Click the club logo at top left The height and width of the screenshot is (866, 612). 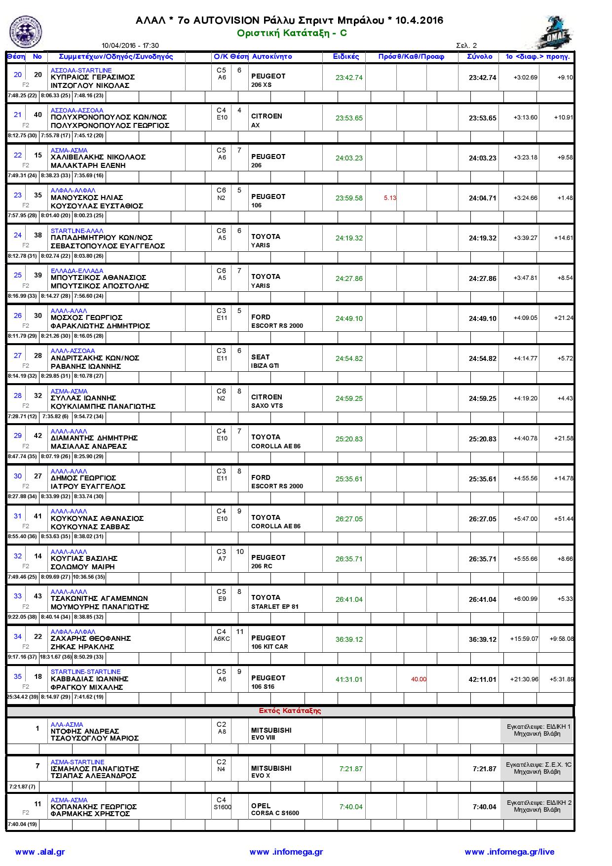point(26,32)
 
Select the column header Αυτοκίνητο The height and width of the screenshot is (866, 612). point(272,57)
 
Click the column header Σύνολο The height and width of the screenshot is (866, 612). point(479,57)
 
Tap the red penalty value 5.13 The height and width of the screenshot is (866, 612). point(390,198)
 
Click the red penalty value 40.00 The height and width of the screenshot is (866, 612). point(419,679)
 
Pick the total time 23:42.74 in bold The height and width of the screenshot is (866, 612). point(482,78)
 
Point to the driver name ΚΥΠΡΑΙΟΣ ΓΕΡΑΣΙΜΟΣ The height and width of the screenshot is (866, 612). point(93,78)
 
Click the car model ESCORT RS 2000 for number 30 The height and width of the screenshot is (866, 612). point(277,326)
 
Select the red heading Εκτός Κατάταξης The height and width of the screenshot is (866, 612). point(290,711)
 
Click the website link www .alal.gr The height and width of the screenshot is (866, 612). point(40,852)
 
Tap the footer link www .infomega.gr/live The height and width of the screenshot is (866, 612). point(509,852)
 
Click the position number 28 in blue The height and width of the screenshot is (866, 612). point(18,395)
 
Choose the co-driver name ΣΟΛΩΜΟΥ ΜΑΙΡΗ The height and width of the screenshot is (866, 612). point(83,567)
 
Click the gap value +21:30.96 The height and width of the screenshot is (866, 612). point(524,679)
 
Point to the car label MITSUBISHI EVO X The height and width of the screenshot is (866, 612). point(271,772)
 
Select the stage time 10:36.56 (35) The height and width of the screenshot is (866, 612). point(89,577)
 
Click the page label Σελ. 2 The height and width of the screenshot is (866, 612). point(466,46)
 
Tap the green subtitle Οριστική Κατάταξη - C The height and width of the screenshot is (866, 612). point(292,33)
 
